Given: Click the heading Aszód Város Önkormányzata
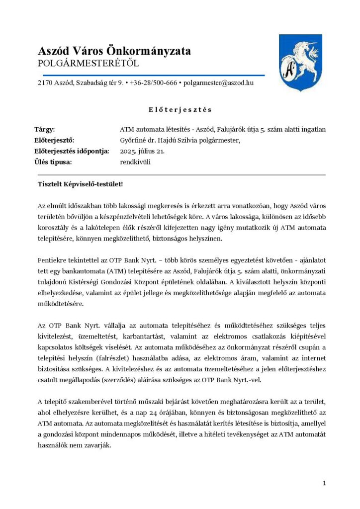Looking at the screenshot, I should click(x=114, y=51).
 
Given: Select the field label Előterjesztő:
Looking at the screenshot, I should click(x=55, y=140).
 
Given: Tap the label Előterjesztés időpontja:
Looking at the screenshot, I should click(x=72, y=151).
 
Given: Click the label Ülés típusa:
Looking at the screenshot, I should click(x=54, y=162).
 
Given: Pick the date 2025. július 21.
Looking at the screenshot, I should click(x=146, y=151).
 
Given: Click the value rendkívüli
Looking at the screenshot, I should click(x=135, y=162).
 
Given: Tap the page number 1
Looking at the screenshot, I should click(x=324, y=483).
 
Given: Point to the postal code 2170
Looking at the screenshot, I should click(x=45, y=83).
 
